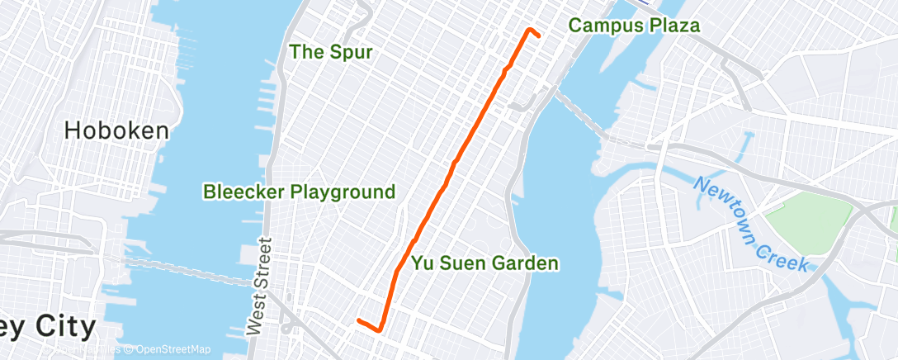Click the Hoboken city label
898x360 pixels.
pyautogui.click(x=116, y=130)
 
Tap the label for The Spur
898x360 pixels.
pyautogui.click(x=330, y=52)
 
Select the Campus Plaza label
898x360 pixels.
pyautogui.click(x=634, y=26)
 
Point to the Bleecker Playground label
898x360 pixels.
pyautogui.click(x=299, y=192)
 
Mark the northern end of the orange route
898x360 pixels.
pyautogui.click(x=529, y=30)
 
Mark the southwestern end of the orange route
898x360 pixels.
pyautogui.click(x=358, y=320)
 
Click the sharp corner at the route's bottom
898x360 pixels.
pyautogui.click(x=379, y=330)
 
